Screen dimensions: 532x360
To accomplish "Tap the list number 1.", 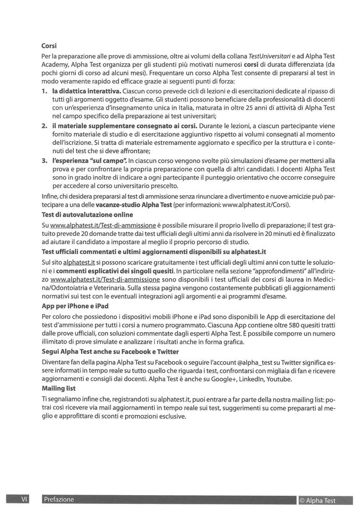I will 44,91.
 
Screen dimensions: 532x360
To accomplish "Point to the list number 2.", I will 44,126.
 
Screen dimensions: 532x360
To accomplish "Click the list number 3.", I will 44,162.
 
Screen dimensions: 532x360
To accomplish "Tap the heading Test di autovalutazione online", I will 87,214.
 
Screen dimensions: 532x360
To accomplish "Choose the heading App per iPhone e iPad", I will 75,306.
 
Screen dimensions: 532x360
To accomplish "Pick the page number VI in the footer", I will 24,499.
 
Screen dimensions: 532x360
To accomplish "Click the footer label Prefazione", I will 59,499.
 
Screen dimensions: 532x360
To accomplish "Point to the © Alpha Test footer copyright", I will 317,501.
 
